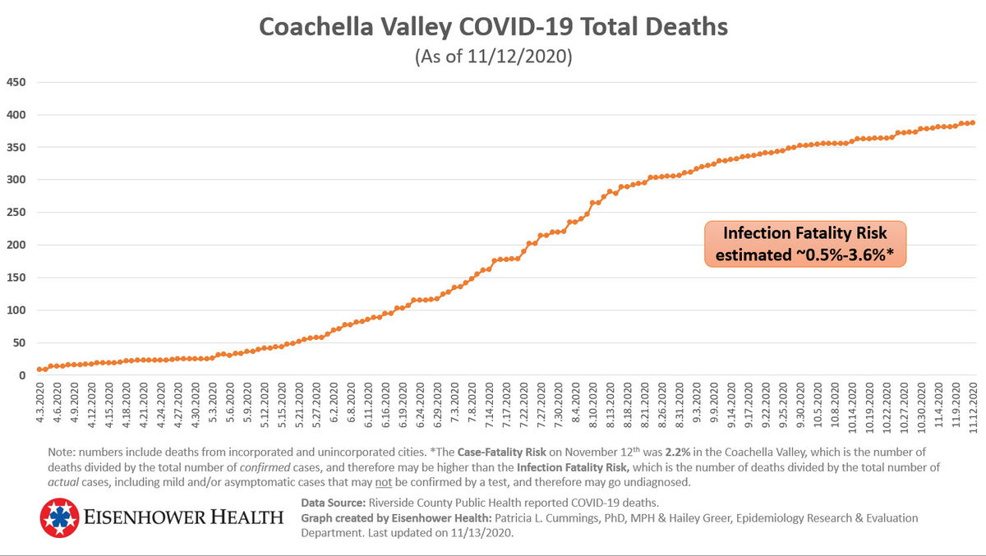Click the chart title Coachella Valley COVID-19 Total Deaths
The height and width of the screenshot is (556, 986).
coord(493,26)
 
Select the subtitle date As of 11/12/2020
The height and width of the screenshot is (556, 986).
coord(493,57)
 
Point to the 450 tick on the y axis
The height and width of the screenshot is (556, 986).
coord(16,82)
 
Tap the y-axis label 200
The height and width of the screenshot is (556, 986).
coord(16,245)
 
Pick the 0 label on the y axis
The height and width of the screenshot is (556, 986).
coord(22,375)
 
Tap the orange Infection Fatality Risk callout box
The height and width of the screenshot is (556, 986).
coord(804,244)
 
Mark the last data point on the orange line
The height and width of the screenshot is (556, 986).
coord(972,122)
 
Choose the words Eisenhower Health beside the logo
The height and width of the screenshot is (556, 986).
coord(184,517)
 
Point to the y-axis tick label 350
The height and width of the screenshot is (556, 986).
coord(16,147)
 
